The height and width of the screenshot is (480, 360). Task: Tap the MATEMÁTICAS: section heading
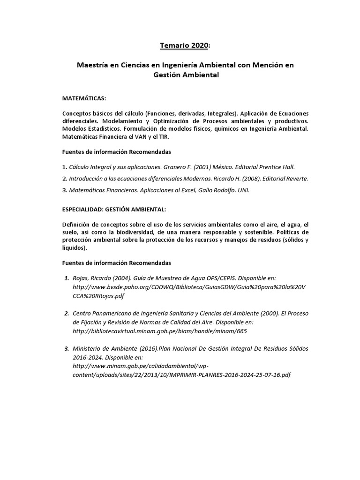tap(84, 98)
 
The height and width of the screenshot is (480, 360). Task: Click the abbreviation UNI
tap(244, 190)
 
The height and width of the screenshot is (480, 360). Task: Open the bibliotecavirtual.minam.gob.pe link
tap(159, 331)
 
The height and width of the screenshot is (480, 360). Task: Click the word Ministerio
tap(89, 349)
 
